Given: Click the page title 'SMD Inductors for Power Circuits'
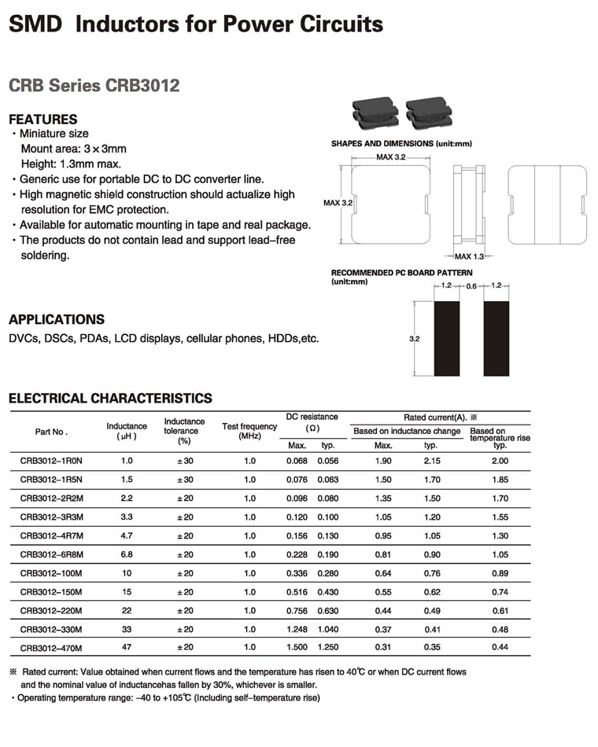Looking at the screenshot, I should tap(195, 24).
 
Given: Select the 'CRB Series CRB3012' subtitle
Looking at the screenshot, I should tap(94, 85).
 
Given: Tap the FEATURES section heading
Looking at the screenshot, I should tap(42, 120).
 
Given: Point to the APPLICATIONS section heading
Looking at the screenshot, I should tap(56, 319).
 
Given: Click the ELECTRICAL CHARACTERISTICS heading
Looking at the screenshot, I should tap(110, 398).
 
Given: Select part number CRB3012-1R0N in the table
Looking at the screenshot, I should tap(51, 461).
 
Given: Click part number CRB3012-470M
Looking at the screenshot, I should tap(51, 648).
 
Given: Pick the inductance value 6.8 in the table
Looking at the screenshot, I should tap(127, 554).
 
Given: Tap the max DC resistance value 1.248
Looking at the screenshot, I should tap(297, 629).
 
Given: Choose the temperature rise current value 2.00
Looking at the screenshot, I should tap(500, 461).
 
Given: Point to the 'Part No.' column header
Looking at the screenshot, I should tap(52, 432).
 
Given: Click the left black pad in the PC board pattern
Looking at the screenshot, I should tap(446, 339).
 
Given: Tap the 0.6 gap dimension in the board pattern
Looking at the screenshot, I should tap(472, 286).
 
